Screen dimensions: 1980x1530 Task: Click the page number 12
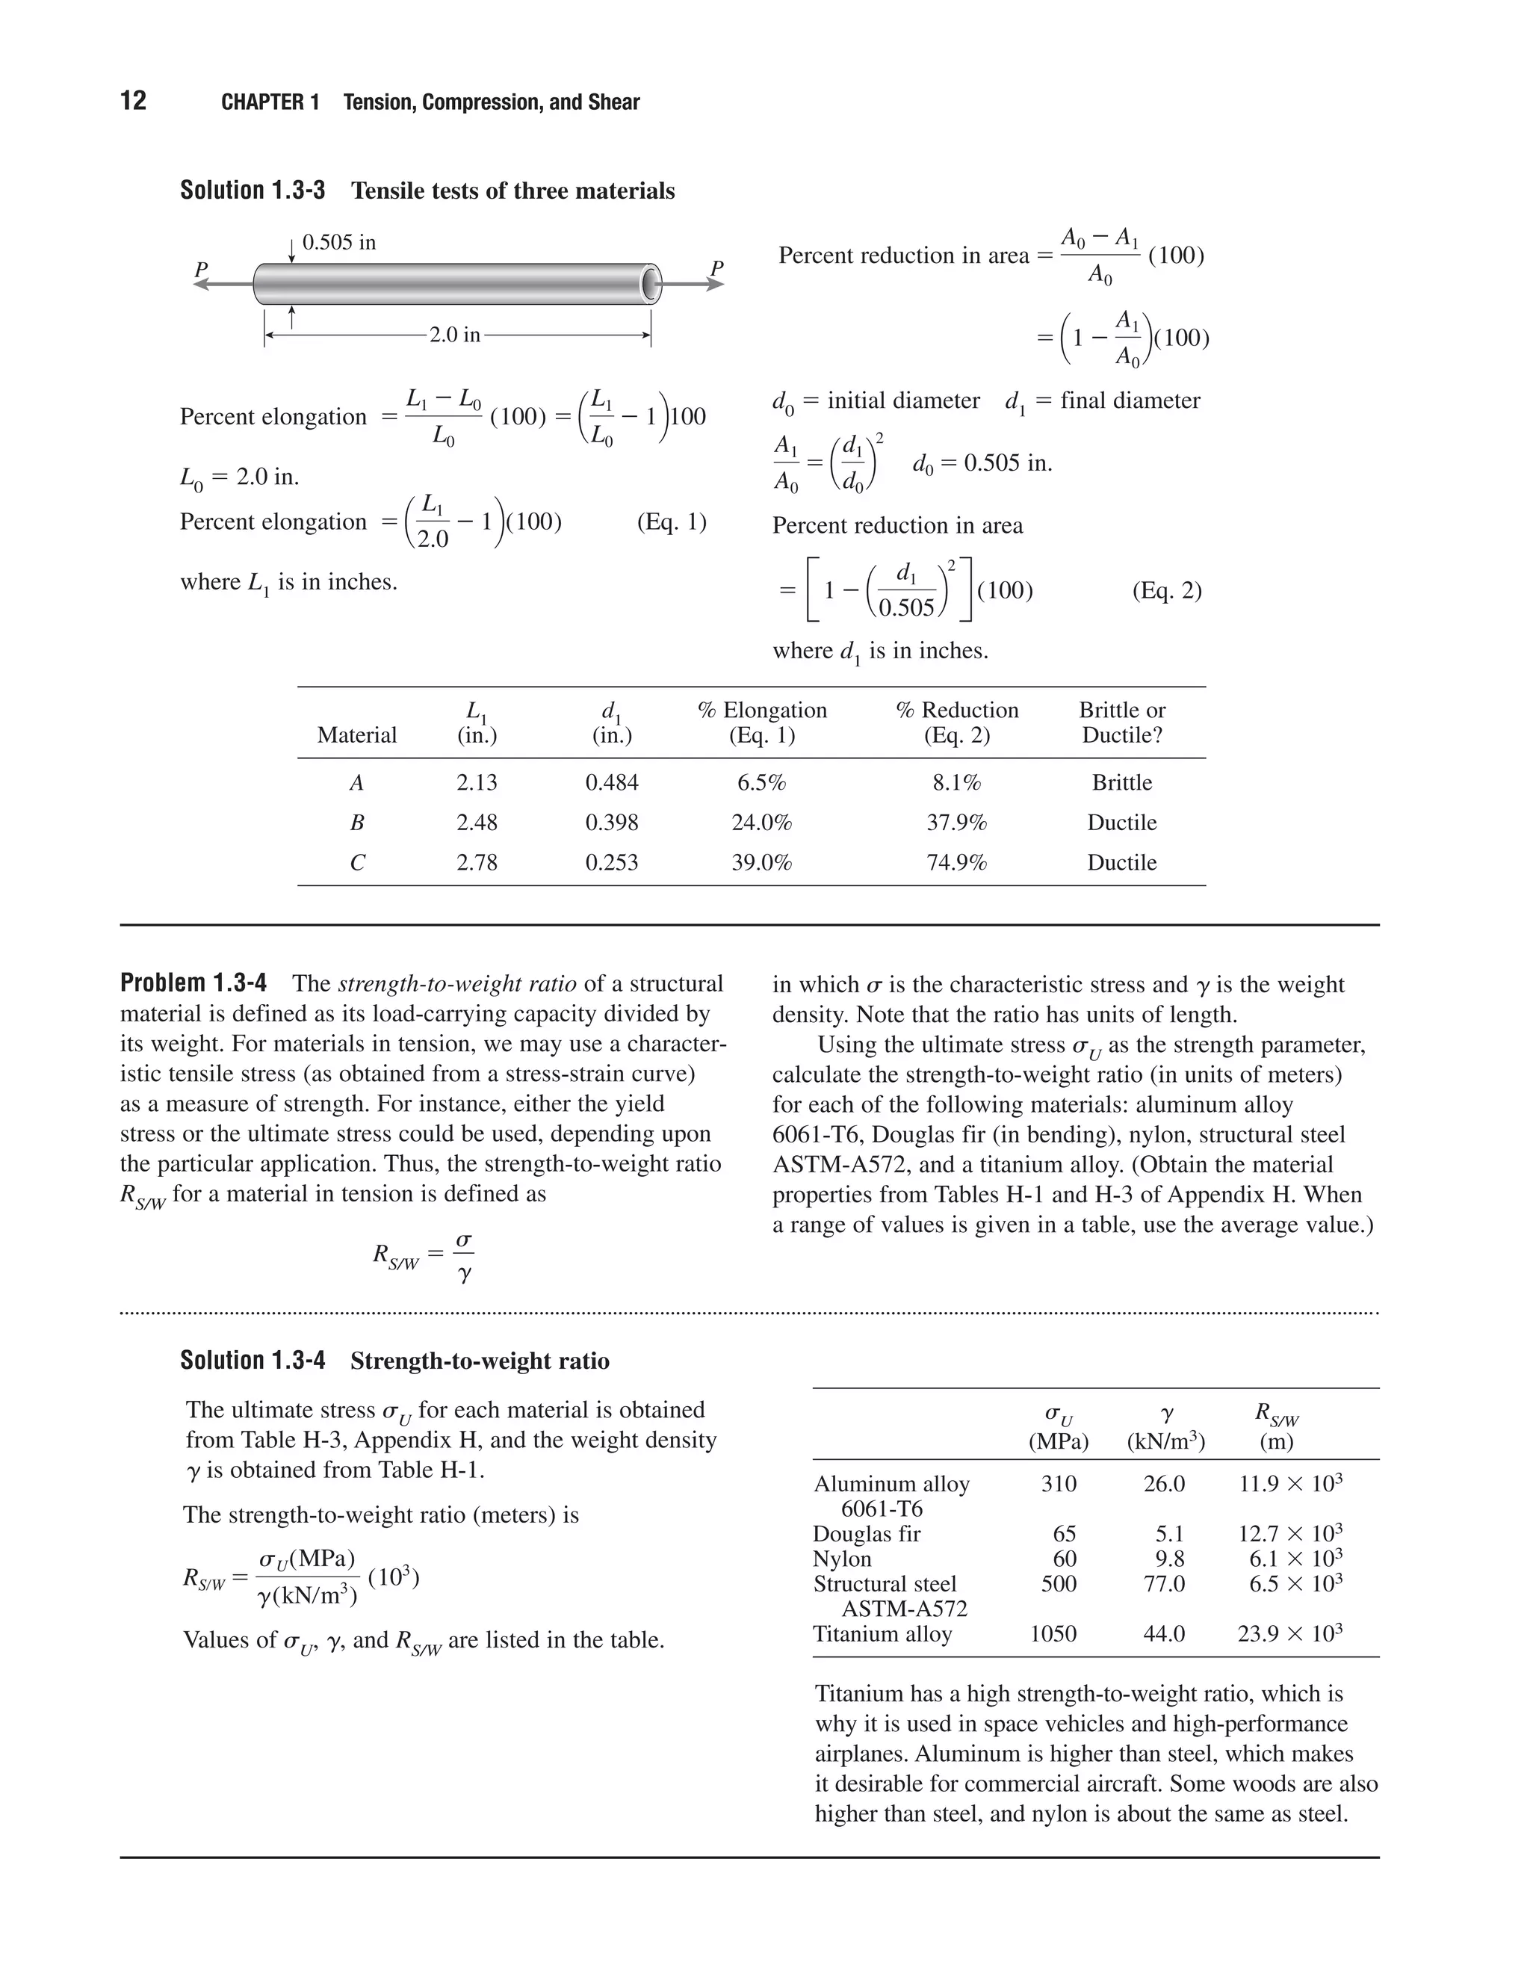[x=133, y=101]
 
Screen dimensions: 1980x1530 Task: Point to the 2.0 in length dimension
[x=455, y=335]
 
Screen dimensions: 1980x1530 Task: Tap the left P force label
[x=201, y=269]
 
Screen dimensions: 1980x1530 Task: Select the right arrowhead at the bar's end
[x=715, y=285]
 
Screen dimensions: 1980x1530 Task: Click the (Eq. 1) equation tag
[x=672, y=522]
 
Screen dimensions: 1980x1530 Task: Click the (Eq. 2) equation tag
[x=1166, y=591]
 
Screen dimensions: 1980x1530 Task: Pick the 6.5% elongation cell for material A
[x=761, y=782]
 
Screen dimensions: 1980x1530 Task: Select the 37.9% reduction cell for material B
[x=956, y=823]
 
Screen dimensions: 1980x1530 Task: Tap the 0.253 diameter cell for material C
[x=612, y=862]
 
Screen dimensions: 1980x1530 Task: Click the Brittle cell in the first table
[x=1122, y=782]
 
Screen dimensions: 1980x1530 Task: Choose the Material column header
[x=357, y=735]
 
